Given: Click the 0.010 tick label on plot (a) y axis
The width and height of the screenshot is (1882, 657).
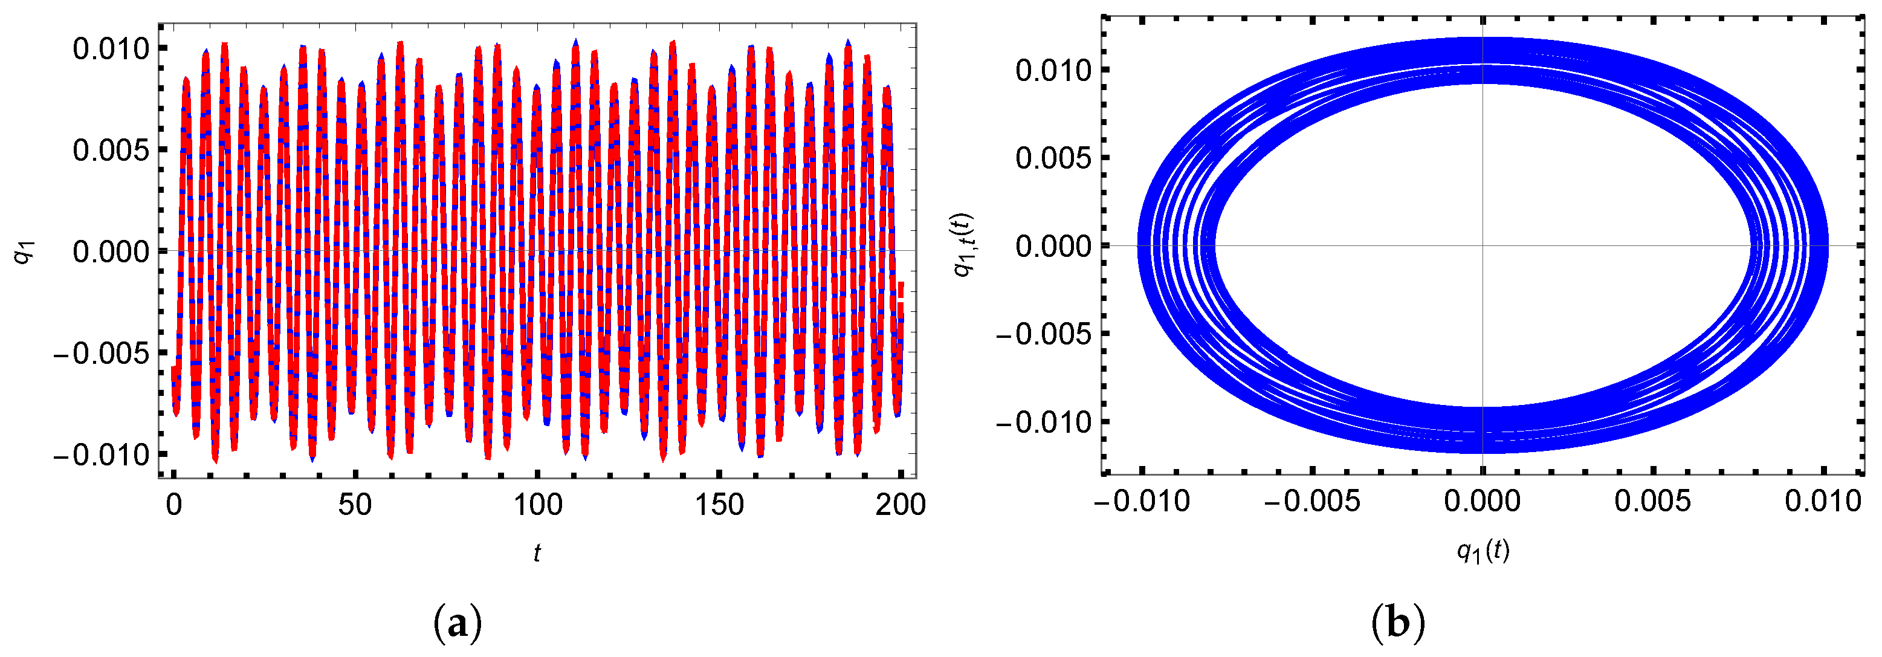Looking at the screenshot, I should pyautogui.click(x=111, y=49).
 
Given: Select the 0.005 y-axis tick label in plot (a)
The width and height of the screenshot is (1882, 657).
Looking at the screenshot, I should pyautogui.click(x=111, y=150).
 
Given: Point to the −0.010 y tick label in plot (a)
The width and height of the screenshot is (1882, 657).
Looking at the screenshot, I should pyautogui.click(x=101, y=455).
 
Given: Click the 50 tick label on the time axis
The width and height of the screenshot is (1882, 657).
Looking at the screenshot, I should pyautogui.click(x=355, y=504).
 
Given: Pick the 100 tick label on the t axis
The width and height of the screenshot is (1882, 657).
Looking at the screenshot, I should pyautogui.click(x=538, y=504).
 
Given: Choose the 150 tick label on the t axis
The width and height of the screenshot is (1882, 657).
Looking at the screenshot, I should pyautogui.click(x=720, y=504).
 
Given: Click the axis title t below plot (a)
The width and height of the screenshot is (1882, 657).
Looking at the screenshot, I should pyautogui.click(x=537, y=553).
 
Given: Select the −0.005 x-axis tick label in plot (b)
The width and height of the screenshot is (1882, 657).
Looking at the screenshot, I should pyautogui.click(x=1312, y=501).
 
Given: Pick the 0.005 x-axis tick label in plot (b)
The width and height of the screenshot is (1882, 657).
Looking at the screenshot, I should pyautogui.click(x=1652, y=501).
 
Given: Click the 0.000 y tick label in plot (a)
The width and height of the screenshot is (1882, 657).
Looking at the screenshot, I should pyautogui.click(x=111, y=252).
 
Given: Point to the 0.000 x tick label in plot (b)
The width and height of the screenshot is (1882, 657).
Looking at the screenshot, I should pyautogui.click(x=1483, y=501).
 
